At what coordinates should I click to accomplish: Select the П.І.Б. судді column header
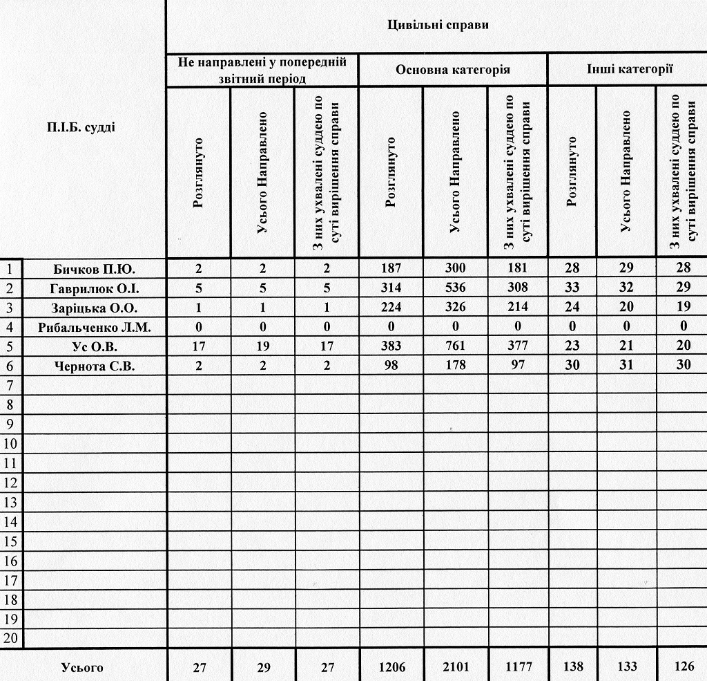[81, 127]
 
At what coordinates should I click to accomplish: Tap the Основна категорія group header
[453, 70]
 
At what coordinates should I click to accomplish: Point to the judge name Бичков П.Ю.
[94, 268]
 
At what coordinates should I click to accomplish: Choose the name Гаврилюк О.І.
[94, 288]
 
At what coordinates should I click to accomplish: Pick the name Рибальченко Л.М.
[94, 326]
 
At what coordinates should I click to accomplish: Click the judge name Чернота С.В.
[94, 366]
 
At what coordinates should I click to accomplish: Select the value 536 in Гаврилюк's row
[455, 288]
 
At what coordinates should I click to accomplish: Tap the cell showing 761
[455, 346]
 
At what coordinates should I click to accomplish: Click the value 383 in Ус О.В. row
[391, 346]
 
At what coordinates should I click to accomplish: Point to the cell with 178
[455, 366]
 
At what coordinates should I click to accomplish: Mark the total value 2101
[455, 667]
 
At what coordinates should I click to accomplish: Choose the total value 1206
[391, 667]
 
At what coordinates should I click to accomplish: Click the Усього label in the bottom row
[82, 667]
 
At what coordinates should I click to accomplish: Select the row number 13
[11, 502]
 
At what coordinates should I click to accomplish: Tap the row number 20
[11, 638]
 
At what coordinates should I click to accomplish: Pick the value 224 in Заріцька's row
[391, 307]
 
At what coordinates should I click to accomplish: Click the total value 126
[684, 667]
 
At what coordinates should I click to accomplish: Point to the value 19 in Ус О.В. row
[262, 346]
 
